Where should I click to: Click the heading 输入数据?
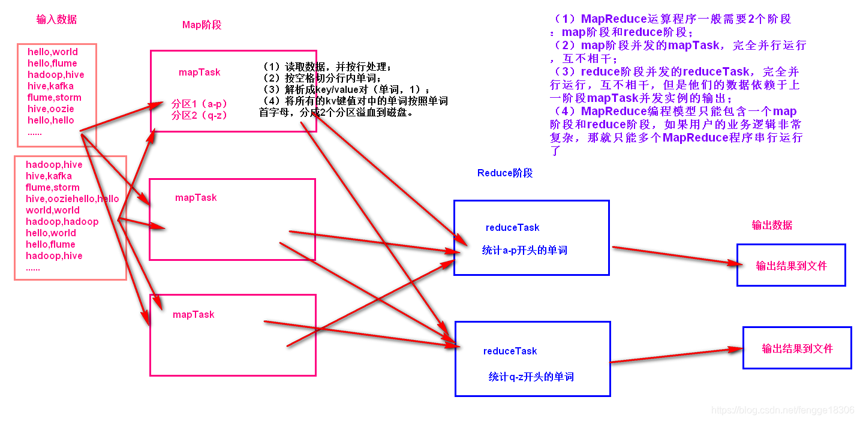tap(56, 19)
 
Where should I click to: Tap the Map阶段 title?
tap(202, 25)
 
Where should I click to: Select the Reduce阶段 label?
tap(505, 173)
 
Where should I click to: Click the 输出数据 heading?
tap(772, 225)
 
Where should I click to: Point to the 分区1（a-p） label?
tap(200, 103)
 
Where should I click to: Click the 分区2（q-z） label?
tap(200, 115)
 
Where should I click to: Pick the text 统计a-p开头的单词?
tap(525, 250)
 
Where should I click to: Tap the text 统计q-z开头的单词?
tap(531, 377)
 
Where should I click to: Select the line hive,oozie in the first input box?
tap(51, 109)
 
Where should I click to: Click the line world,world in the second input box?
tap(53, 210)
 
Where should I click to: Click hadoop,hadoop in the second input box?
tap(62, 221)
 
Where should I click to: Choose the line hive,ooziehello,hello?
tap(73, 199)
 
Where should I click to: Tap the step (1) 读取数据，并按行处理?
tap(327, 67)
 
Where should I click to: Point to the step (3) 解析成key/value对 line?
tap(345, 89)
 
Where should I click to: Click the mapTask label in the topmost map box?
tap(200, 73)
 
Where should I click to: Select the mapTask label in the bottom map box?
tap(194, 314)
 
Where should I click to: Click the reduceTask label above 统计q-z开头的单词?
tap(510, 351)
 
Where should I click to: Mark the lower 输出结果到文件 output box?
tap(797, 348)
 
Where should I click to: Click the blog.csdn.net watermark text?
tap(782, 410)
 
